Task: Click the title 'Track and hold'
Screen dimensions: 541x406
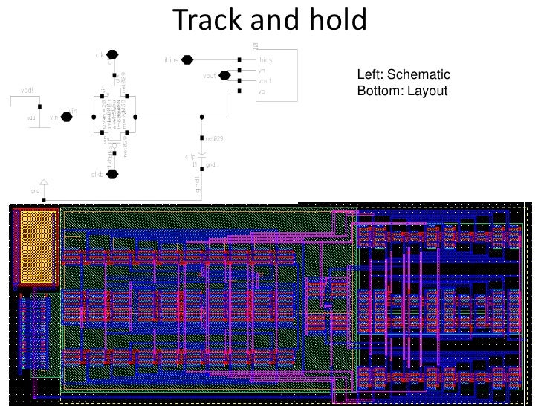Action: tap(270, 20)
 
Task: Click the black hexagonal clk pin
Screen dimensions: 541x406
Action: tap(112, 55)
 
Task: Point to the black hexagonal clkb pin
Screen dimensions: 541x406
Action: tap(112, 174)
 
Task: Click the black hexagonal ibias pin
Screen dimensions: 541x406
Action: tap(188, 59)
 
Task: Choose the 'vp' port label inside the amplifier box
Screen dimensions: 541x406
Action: tap(262, 91)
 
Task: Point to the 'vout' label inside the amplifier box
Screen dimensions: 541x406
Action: tap(265, 81)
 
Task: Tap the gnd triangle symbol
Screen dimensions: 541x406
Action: tap(44, 183)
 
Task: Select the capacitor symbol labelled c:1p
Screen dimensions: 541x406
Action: tap(201, 158)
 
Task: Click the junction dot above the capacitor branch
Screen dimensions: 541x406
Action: tap(202, 117)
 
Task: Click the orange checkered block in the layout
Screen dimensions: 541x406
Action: tap(35, 248)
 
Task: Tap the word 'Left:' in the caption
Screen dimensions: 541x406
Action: tap(369, 75)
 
